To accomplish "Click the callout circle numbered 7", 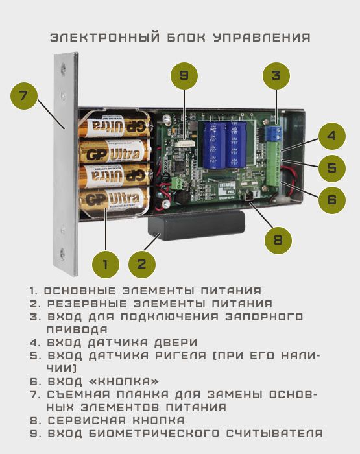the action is [24, 96].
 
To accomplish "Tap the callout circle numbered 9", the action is [184, 76].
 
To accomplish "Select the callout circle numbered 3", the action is [276, 76].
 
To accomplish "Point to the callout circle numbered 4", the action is [332, 136].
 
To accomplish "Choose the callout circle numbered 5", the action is [332, 168].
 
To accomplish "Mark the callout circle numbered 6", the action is [332, 200].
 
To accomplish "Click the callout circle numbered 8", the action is [278, 240].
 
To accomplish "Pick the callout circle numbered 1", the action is [106, 265].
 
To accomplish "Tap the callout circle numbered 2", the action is [142, 265].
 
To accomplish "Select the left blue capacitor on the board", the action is [214, 145].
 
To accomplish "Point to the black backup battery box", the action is [196, 226].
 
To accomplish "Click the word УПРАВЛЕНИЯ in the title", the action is [262, 38].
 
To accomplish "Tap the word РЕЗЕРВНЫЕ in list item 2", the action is [87, 304].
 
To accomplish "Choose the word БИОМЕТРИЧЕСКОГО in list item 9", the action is [154, 433].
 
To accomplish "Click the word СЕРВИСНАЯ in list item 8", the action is [87, 420].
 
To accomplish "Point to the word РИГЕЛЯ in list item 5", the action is [181, 355].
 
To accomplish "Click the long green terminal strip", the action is [273, 164].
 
